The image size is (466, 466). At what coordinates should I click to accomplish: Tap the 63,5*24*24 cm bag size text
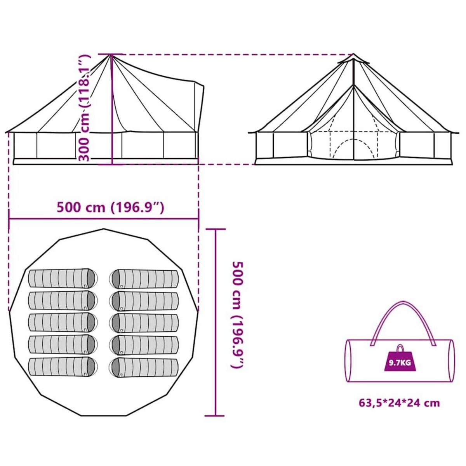tap(399, 403)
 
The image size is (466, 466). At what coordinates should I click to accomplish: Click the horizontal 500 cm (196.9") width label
tap(111, 207)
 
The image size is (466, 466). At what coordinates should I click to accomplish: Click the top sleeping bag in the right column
tap(144, 278)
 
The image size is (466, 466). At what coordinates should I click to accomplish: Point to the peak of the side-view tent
tap(111, 56)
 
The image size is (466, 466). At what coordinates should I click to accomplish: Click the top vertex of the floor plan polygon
tap(104, 229)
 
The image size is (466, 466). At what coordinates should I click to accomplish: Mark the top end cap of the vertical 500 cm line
tap(215, 230)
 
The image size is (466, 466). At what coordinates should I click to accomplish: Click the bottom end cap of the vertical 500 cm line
tap(215, 416)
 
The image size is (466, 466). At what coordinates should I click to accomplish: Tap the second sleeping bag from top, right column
tap(144, 301)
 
